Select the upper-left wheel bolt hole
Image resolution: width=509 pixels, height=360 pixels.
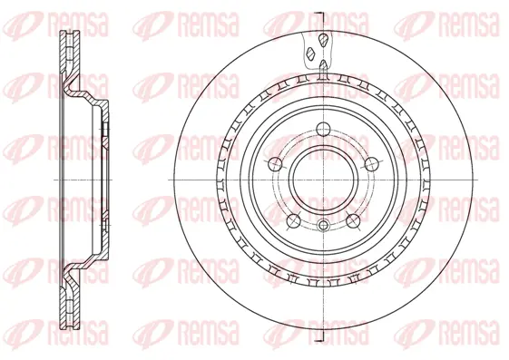[x=275, y=163]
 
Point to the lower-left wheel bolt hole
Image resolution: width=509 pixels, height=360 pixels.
[x=293, y=221]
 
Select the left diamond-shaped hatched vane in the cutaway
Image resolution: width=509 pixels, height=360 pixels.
[x=311, y=54]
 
